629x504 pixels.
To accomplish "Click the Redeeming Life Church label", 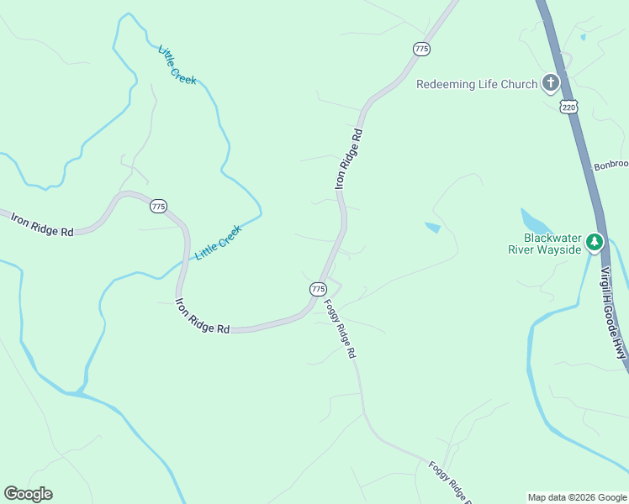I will [x=477, y=84].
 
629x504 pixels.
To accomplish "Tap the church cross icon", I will [x=550, y=82].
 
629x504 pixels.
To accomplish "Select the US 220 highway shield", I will [x=570, y=107].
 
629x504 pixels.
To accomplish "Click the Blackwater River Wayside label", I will [x=545, y=244].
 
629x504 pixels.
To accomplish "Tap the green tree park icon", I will [x=595, y=242].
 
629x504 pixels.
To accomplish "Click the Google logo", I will [x=28, y=494].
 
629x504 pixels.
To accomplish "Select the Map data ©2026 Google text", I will [x=577, y=497].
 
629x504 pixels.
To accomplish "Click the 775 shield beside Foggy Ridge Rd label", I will [x=318, y=288].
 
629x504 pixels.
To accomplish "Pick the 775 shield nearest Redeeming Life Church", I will [x=421, y=50].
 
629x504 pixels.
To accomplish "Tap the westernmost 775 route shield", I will [x=158, y=206].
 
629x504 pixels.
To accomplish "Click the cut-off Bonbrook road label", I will [x=611, y=165].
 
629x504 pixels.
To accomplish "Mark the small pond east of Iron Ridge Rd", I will [x=432, y=227].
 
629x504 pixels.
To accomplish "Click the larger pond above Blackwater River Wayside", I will [x=536, y=221].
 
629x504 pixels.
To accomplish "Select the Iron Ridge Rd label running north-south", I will [x=351, y=158].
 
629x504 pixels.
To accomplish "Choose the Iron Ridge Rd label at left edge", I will [x=42, y=224].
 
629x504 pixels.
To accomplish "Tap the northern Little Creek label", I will [x=177, y=65].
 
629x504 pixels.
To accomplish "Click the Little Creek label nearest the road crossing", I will [x=218, y=242].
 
